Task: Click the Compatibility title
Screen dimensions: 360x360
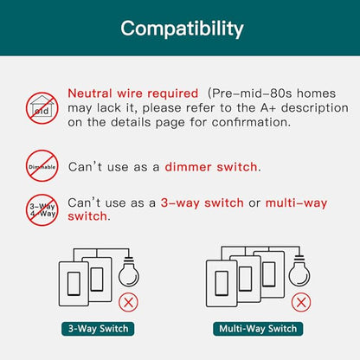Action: click(x=182, y=29)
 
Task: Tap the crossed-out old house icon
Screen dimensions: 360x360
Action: click(x=42, y=108)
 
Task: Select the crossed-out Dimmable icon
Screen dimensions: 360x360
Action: click(x=42, y=166)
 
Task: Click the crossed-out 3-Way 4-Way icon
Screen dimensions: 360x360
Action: click(x=42, y=209)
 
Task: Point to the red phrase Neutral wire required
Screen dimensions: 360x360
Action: click(x=133, y=93)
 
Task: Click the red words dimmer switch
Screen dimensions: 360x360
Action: click(x=211, y=167)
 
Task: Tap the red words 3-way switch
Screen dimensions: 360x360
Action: click(x=202, y=202)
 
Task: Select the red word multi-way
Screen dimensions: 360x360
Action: click(x=296, y=203)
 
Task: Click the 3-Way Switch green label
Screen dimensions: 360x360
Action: click(x=98, y=329)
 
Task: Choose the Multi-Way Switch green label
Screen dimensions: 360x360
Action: click(x=258, y=329)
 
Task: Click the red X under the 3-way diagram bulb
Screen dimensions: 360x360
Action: click(x=128, y=302)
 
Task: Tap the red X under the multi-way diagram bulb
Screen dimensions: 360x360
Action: click(x=301, y=302)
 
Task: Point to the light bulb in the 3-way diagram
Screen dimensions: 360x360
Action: click(x=129, y=272)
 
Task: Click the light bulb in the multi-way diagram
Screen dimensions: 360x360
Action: click(x=299, y=270)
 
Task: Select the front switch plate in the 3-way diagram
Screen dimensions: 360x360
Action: click(x=74, y=284)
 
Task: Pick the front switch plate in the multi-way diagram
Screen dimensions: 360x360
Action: click(x=222, y=284)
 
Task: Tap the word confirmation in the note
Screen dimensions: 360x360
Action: click(x=251, y=122)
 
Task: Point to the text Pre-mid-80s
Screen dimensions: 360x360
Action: click(x=252, y=93)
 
